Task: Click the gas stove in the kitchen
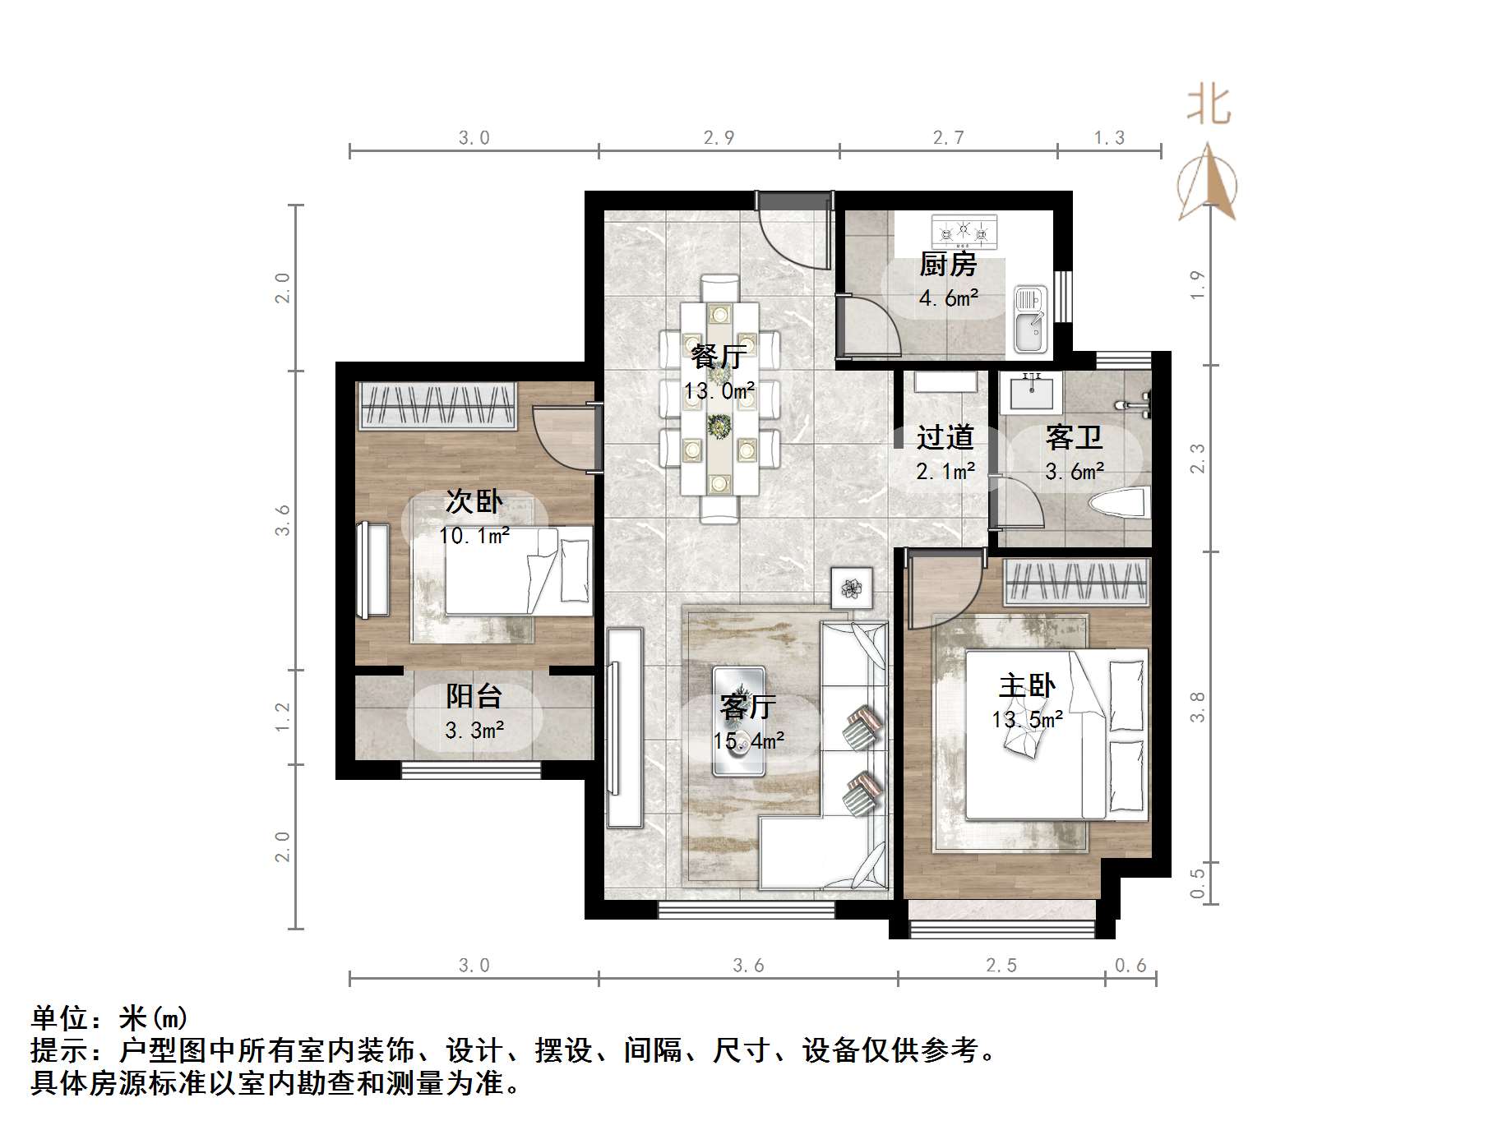click(x=964, y=232)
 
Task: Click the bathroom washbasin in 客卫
click(x=1029, y=392)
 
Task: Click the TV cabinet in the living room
click(x=624, y=727)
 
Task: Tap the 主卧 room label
click(x=1026, y=685)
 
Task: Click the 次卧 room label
click(x=474, y=500)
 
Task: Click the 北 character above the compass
click(x=1209, y=106)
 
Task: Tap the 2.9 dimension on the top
click(x=719, y=137)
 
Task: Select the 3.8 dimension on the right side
click(x=1197, y=707)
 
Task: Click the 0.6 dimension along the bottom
click(x=1130, y=965)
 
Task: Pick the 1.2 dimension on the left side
click(x=282, y=717)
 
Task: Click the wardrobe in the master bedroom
click(x=1075, y=583)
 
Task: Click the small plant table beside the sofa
click(x=852, y=588)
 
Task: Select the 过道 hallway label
click(x=945, y=437)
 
